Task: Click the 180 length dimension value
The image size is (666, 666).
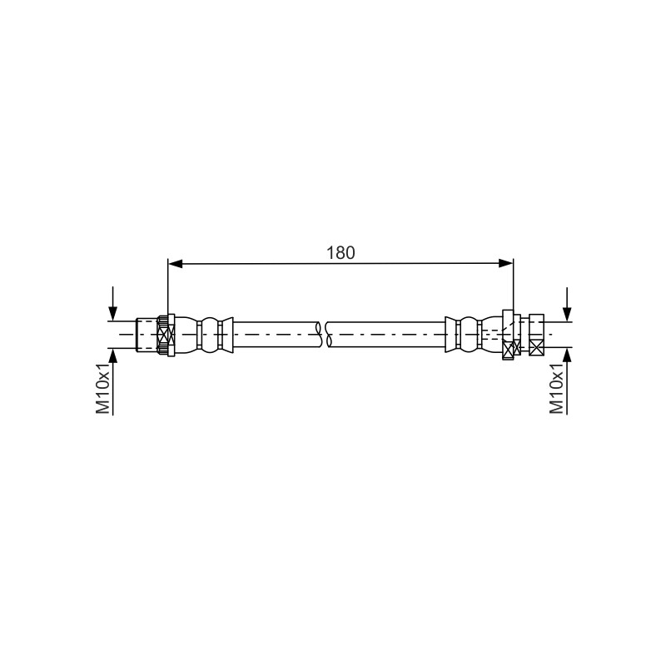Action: point(340,253)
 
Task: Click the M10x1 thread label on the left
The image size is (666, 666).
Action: point(102,389)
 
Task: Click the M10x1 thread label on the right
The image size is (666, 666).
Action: point(556,389)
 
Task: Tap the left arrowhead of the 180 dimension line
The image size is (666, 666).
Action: point(175,263)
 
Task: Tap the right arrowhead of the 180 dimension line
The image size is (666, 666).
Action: point(506,263)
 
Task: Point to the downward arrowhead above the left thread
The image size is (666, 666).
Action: point(112,314)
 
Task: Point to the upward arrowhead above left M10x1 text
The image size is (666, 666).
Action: point(112,355)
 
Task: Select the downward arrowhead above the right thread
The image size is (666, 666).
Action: point(567,314)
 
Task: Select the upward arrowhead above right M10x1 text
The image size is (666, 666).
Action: point(567,355)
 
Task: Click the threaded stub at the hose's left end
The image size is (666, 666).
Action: point(147,335)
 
